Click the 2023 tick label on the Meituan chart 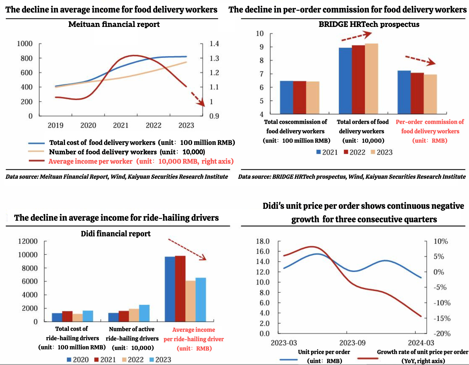coord(186,126)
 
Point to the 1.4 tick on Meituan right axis coord(214,44)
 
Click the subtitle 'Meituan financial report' coord(114,24)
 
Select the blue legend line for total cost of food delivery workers coord(37,143)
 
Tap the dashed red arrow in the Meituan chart coord(198,99)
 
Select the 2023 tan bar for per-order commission coord(430,94)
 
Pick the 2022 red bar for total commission coord(300,97)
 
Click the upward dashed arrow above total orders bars coord(356,36)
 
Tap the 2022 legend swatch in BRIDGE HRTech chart coord(346,152)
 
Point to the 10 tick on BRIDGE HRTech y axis coord(260,33)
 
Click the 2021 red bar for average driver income coord(180,288)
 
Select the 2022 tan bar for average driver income coord(190,301)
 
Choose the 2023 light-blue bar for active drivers coord(144,313)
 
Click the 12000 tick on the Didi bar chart coord(28,241)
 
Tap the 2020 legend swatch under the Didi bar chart coord(69,360)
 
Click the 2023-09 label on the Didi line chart coord(352,343)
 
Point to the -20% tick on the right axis coord(442,334)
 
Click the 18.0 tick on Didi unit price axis coord(263,241)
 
